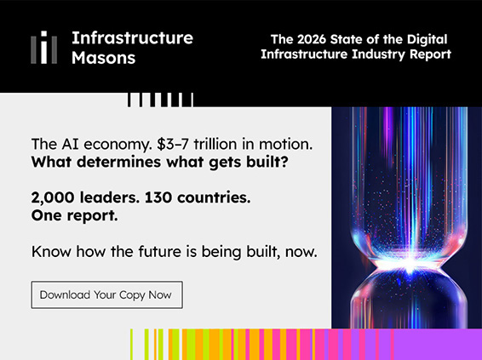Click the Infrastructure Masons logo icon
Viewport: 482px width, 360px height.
43,47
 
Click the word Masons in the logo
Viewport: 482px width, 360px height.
103,58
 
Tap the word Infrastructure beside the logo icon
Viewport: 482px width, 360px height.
132,37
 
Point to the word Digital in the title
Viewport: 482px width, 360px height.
427,40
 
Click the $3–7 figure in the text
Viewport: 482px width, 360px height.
173,144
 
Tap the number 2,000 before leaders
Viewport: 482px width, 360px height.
53,197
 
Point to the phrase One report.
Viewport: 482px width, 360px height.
74,215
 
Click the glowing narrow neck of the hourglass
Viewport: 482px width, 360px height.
409,264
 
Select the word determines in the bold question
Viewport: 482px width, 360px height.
118,162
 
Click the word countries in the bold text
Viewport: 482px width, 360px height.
214,197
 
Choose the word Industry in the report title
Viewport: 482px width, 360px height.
378,54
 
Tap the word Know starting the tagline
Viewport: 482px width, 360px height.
52,252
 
